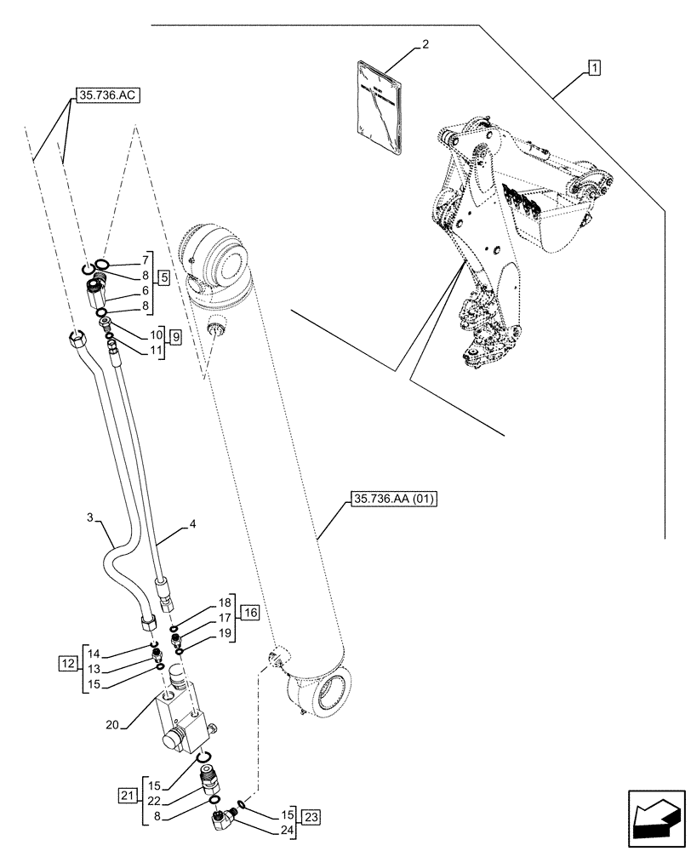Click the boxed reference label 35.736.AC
point(107,96)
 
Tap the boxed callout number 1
point(593,66)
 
